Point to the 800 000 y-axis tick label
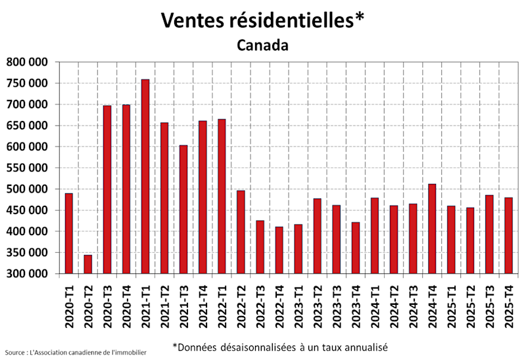(27, 62)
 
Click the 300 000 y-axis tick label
(27, 274)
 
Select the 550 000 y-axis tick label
(27, 168)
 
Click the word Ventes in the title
(193, 21)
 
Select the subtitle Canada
(262, 45)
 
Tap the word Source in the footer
(17, 353)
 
